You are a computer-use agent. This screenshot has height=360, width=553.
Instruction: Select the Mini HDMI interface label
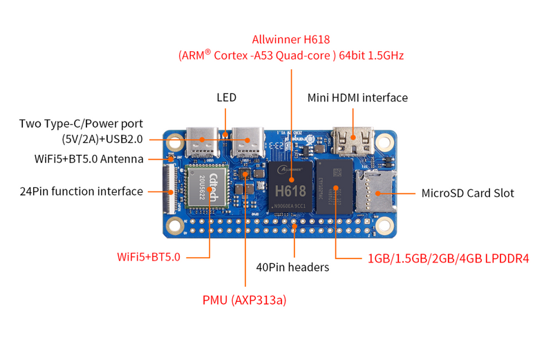click(x=357, y=97)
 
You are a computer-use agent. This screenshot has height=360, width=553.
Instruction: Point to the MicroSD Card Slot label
click(x=467, y=193)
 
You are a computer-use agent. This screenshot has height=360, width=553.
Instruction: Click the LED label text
click(x=226, y=97)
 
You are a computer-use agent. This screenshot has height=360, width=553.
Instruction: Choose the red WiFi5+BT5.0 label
click(x=149, y=257)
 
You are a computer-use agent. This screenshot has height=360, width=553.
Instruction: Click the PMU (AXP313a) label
click(x=244, y=300)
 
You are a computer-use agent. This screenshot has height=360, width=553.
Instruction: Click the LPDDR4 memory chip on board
click(x=335, y=188)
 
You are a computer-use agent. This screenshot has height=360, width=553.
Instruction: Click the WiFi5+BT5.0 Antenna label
click(x=89, y=158)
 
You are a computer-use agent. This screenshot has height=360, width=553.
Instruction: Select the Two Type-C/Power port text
click(x=81, y=124)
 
